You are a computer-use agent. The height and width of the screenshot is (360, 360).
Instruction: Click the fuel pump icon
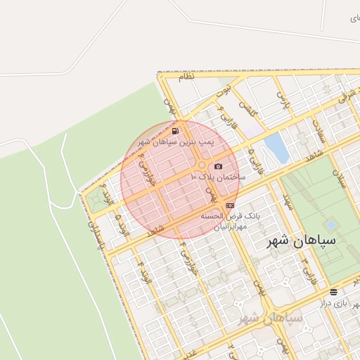pos(174,130)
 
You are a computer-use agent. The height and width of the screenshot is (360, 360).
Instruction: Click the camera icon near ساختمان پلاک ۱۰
pos(218,166)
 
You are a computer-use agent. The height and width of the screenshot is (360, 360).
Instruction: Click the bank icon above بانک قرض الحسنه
pos(231,205)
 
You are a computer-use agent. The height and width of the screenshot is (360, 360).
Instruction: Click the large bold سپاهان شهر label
pos(302,240)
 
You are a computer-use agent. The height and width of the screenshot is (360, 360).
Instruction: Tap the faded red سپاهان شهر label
pos(271,318)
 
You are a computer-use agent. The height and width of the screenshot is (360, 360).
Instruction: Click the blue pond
pos(276,148)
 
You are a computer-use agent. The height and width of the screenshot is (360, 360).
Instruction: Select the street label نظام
pos(186,77)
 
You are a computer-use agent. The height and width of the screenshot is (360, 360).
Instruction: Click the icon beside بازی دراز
pos(333,291)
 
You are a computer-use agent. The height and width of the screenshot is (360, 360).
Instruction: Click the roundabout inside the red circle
pos(201,166)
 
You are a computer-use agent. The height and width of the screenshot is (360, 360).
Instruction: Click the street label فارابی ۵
pos(252,151)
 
